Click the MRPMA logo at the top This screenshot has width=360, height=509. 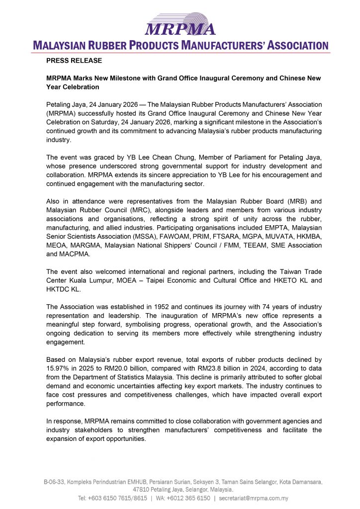[180, 23]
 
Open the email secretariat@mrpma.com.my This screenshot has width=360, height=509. [261, 498]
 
